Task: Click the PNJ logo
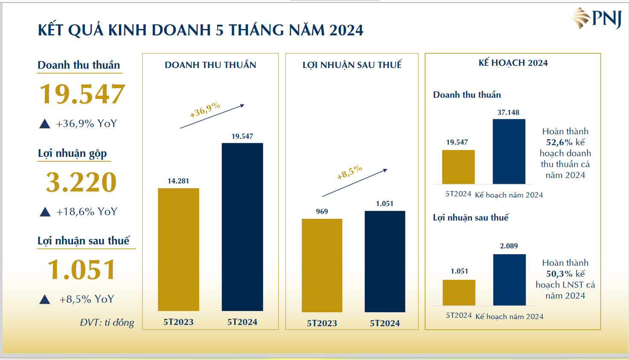pyautogui.click(x=596, y=18)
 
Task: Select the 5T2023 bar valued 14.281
pyautogui.click(x=178, y=250)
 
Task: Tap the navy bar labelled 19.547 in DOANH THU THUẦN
pyautogui.click(x=242, y=226)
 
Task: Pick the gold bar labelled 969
pyautogui.click(x=322, y=265)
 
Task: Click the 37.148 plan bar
pyautogui.click(x=509, y=151)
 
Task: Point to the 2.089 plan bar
pyautogui.click(x=509, y=280)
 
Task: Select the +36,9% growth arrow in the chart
pyautogui.click(x=212, y=116)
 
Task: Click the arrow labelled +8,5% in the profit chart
pyautogui.click(x=355, y=183)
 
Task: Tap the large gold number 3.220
pyautogui.click(x=81, y=182)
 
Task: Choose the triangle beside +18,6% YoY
pyautogui.click(x=45, y=212)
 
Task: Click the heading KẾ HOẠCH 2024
pyautogui.click(x=513, y=63)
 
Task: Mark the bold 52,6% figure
pyautogui.click(x=559, y=142)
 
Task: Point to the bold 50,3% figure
pyautogui.click(x=559, y=274)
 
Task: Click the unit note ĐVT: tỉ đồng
pyautogui.click(x=107, y=322)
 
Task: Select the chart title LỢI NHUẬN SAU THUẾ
pyautogui.click(x=352, y=65)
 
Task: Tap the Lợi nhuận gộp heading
pyautogui.click(x=72, y=153)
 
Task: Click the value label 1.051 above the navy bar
pyautogui.click(x=384, y=204)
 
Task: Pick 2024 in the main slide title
pyautogui.click(x=346, y=30)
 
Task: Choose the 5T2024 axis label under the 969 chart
pyautogui.click(x=384, y=323)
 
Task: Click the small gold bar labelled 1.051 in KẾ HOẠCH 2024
pyautogui.click(x=459, y=293)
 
